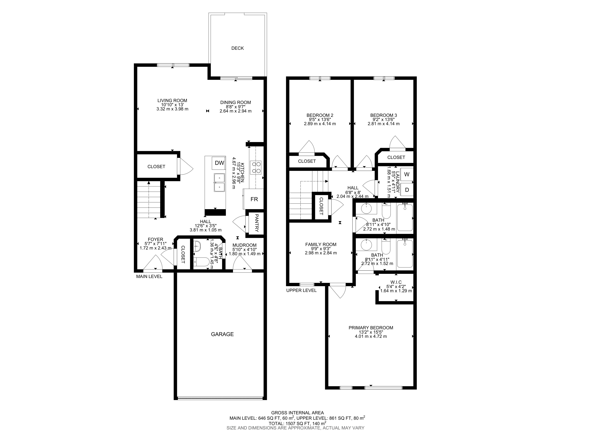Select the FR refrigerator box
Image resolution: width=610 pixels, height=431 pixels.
pyautogui.click(x=254, y=199)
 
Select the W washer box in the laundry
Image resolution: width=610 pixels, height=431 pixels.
pyautogui.click(x=407, y=175)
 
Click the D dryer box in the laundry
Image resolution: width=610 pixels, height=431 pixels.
pyautogui.click(x=407, y=190)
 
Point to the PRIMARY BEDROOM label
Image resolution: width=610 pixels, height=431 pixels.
pyautogui.click(x=371, y=328)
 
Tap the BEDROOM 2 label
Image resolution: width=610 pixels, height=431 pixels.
pyautogui.click(x=320, y=115)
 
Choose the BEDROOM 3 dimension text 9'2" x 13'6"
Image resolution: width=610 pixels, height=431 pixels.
pyautogui.click(x=384, y=119)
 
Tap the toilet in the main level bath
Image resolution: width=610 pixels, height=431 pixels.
pyautogui.click(x=201, y=262)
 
